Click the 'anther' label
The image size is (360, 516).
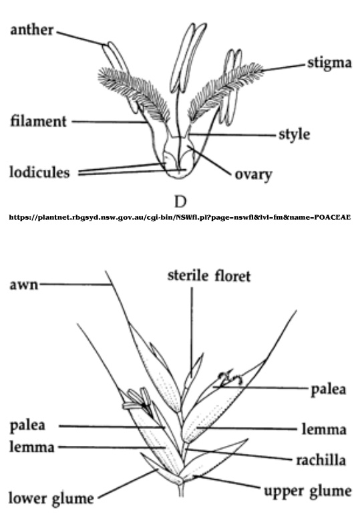(31, 29)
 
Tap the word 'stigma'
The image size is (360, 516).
(329, 63)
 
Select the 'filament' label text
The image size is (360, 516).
(39, 121)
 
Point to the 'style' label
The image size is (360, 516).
(295, 134)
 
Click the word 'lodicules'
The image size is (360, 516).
(39, 172)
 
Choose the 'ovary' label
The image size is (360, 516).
(253, 174)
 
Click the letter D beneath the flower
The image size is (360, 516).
(180, 202)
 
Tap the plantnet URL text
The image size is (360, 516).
(180, 217)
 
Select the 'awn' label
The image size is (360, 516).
(23, 284)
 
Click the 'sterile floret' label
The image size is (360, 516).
(209, 276)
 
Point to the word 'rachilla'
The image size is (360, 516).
(321, 460)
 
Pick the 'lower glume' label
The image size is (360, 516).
(51, 498)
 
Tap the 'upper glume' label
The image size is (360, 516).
(308, 491)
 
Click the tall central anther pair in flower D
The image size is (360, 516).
(188, 57)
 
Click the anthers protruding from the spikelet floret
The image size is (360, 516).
(138, 400)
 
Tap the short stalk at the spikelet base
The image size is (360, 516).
(180, 490)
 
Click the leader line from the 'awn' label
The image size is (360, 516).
(74, 285)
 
